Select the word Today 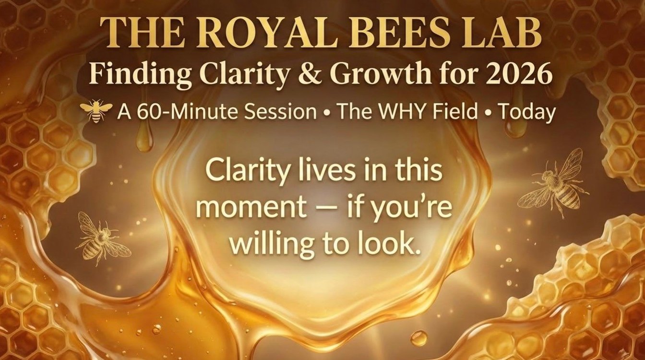(x=526, y=113)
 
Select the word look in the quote (x=383, y=244)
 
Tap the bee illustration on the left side (x=99, y=238)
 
